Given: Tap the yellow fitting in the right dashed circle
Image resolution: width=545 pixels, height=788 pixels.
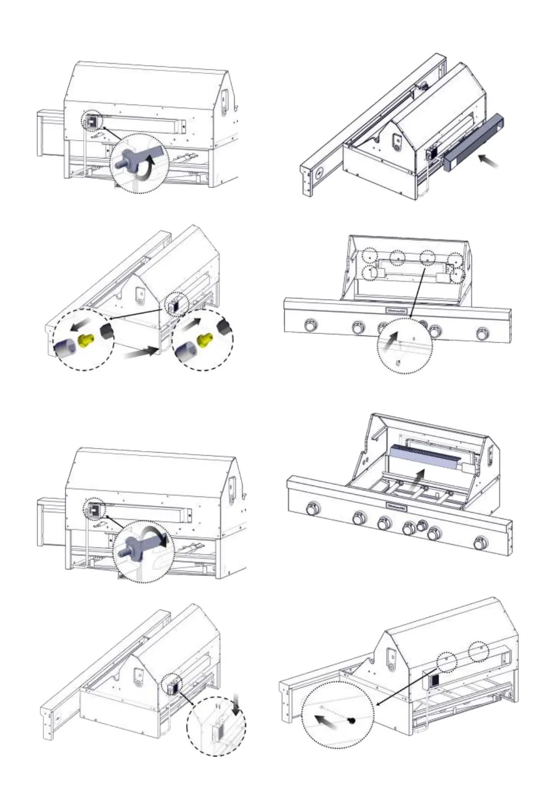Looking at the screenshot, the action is point(204,340).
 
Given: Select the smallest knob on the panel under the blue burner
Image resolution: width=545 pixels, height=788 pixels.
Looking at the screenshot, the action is point(421,526).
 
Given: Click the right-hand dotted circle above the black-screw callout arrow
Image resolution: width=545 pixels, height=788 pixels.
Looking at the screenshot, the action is point(479,651).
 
